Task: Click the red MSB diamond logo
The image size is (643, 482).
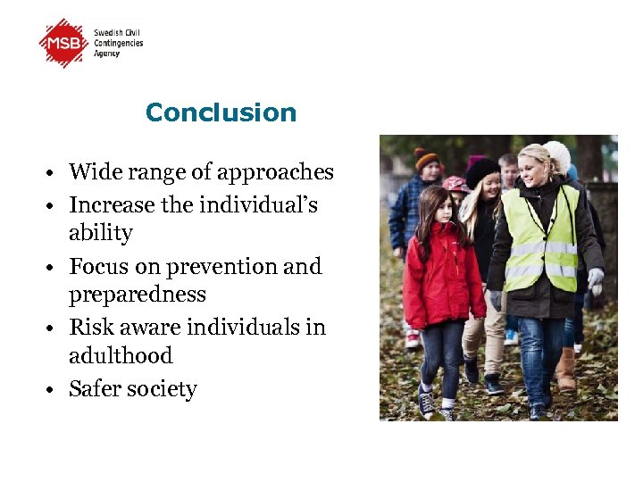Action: coord(64,42)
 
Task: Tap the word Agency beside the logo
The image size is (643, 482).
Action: coord(107,54)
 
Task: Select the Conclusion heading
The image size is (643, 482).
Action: coord(221,112)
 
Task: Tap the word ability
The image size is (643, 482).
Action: coord(100,233)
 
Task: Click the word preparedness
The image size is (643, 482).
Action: coord(138,295)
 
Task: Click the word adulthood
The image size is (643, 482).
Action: coord(121,355)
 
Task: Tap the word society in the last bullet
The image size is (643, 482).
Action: coord(163,389)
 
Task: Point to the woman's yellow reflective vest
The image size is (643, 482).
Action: coord(541,241)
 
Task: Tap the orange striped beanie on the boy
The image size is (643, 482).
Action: coord(426,157)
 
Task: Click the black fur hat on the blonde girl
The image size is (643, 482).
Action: coord(482,170)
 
